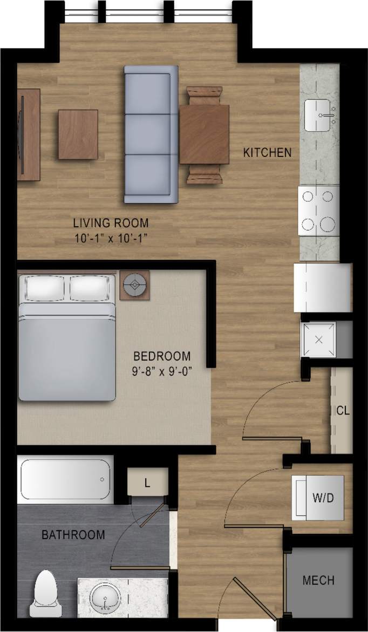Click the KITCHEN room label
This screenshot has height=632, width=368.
(268, 153)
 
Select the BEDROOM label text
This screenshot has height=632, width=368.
(162, 356)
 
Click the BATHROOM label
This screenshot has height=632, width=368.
(73, 535)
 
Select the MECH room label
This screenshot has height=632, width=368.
(318, 581)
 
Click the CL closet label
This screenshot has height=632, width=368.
(343, 411)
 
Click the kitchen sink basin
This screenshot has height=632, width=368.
(320, 115)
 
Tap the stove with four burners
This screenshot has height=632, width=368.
(318, 210)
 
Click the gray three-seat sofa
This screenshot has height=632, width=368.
(151, 134)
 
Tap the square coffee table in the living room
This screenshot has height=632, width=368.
(78, 134)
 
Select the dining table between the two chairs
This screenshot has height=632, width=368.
(205, 134)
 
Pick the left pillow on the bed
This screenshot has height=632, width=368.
(44, 288)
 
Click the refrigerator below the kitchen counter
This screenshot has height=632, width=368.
(322, 287)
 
